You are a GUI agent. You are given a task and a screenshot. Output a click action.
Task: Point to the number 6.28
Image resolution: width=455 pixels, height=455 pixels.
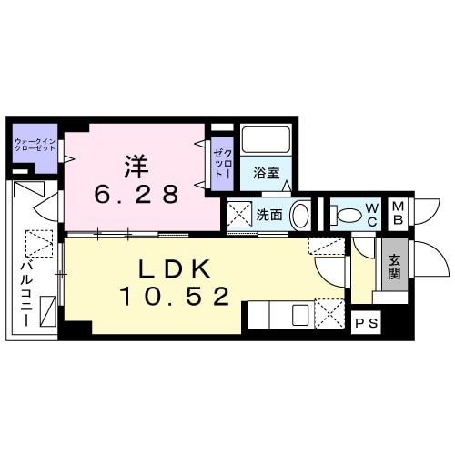[x=136, y=193]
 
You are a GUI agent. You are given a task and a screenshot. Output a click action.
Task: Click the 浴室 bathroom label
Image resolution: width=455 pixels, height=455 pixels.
[x=266, y=170]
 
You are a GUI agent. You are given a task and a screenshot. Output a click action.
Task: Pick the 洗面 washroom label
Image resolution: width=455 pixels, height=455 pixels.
[x=268, y=216]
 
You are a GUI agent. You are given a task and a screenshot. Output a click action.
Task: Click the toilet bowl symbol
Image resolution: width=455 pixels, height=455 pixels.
[x=347, y=216]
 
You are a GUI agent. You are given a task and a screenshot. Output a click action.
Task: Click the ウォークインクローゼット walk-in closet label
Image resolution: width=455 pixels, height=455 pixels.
[x=34, y=145]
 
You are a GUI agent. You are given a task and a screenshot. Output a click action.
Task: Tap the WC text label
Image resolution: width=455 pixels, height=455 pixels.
[x=371, y=216]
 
